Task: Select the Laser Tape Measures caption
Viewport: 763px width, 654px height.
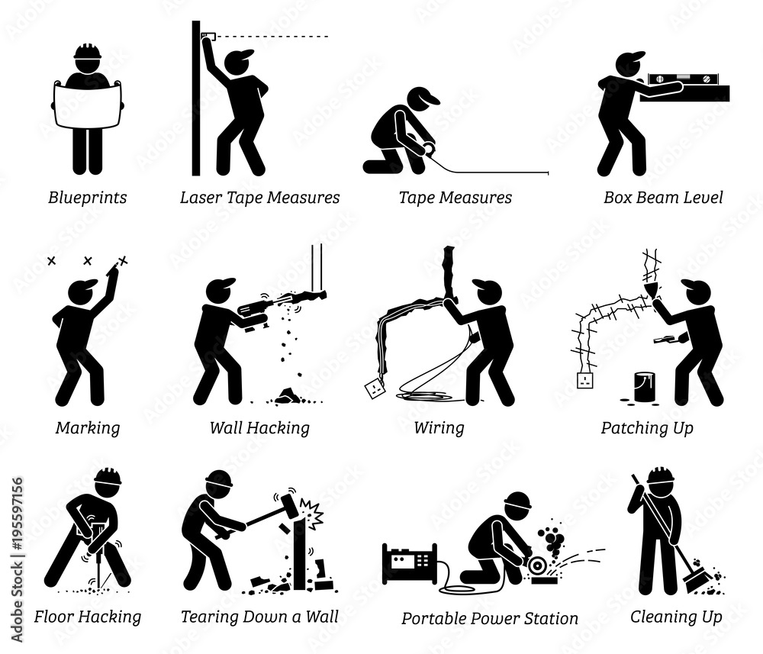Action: (x=259, y=198)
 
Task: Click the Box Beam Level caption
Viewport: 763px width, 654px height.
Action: (x=663, y=198)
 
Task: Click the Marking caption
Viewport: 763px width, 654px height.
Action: (x=88, y=428)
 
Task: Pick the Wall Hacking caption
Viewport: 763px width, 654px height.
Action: (x=259, y=428)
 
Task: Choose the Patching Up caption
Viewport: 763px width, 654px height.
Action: (x=647, y=428)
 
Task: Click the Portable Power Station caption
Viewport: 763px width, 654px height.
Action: (x=489, y=618)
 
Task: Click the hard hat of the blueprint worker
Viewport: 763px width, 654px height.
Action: (x=88, y=53)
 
